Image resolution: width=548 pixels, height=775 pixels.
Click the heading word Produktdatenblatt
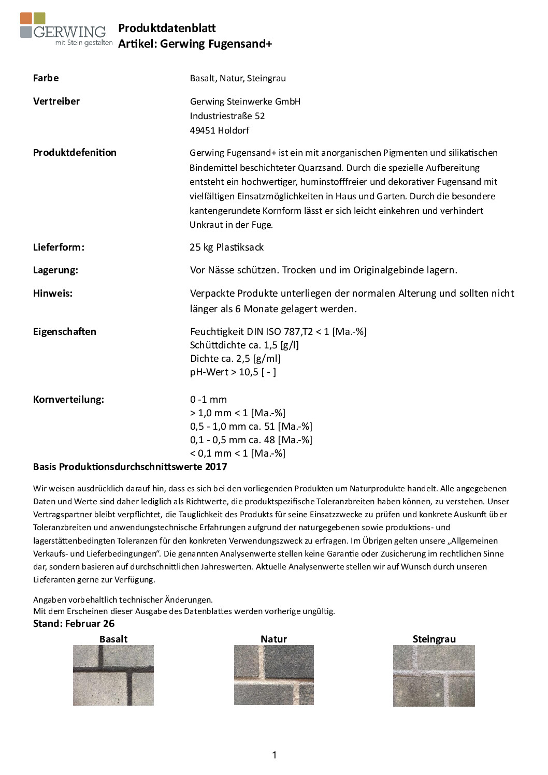(x=167, y=28)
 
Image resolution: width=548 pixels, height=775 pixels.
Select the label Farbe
(x=46, y=78)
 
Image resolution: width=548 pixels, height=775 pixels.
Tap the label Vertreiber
(x=56, y=101)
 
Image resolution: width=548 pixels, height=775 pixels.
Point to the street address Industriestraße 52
(x=227, y=116)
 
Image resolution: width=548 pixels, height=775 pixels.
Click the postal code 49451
(x=203, y=130)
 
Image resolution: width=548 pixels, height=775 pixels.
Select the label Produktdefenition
(x=75, y=153)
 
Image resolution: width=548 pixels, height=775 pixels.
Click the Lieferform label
(x=59, y=247)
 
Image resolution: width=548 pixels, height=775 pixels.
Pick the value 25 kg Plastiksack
(x=226, y=247)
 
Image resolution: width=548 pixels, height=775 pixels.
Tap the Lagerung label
(x=55, y=270)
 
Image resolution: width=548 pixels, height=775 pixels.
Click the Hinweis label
(x=53, y=294)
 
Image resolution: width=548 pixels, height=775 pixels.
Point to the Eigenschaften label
(x=65, y=332)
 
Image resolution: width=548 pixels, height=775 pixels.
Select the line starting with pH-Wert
(x=233, y=372)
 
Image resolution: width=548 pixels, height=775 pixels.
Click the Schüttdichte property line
(x=244, y=345)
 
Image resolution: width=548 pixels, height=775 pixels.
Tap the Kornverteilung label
(x=68, y=400)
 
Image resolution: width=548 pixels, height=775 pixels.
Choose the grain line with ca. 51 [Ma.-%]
(x=251, y=427)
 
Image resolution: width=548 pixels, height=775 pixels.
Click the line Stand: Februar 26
(x=74, y=624)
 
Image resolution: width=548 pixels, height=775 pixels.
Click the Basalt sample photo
(x=113, y=675)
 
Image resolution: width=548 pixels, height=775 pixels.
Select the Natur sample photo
(x=273, y=675)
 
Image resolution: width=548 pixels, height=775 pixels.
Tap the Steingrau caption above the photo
(x=434, y=639)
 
